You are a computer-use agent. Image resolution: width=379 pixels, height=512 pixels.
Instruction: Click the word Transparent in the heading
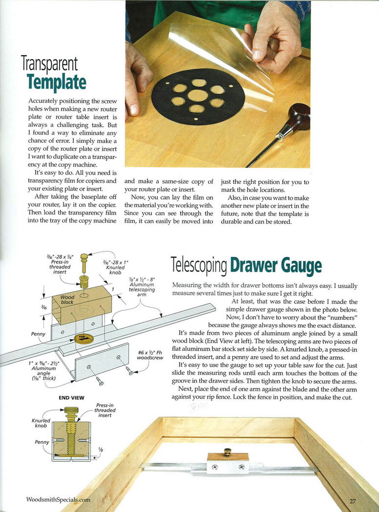[49, 63]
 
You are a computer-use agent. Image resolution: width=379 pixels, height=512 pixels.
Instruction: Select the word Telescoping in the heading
[199, 266]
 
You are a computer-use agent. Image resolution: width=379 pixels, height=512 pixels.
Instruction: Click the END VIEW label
[71, 398]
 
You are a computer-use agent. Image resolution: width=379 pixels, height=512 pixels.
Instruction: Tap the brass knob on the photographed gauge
[227, 452]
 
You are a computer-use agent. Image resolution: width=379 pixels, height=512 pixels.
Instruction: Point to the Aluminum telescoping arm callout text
[142, 285]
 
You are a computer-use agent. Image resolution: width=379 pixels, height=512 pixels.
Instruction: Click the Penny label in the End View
[41, 442]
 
